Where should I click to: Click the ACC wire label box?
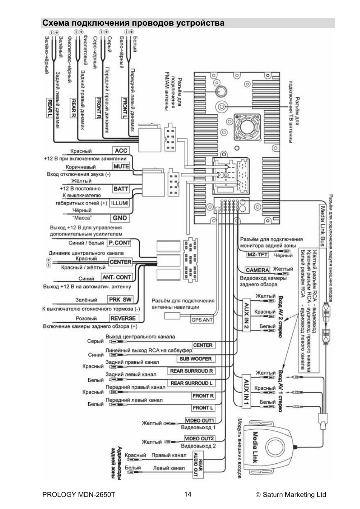121,151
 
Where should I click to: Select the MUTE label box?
121,166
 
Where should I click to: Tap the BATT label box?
121,189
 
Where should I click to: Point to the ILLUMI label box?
120,203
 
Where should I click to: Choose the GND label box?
120,218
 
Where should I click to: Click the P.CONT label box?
119,243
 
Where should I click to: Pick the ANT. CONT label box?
117,277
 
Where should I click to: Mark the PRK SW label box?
120,300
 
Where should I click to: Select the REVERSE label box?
123,318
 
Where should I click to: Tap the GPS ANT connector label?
202,320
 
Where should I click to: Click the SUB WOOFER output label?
195,359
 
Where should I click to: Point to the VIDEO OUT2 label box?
199,438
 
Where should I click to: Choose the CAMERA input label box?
257,270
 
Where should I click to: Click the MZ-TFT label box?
257,255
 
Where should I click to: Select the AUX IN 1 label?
246,392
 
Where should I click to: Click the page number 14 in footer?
188,494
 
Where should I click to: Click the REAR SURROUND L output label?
191,383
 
